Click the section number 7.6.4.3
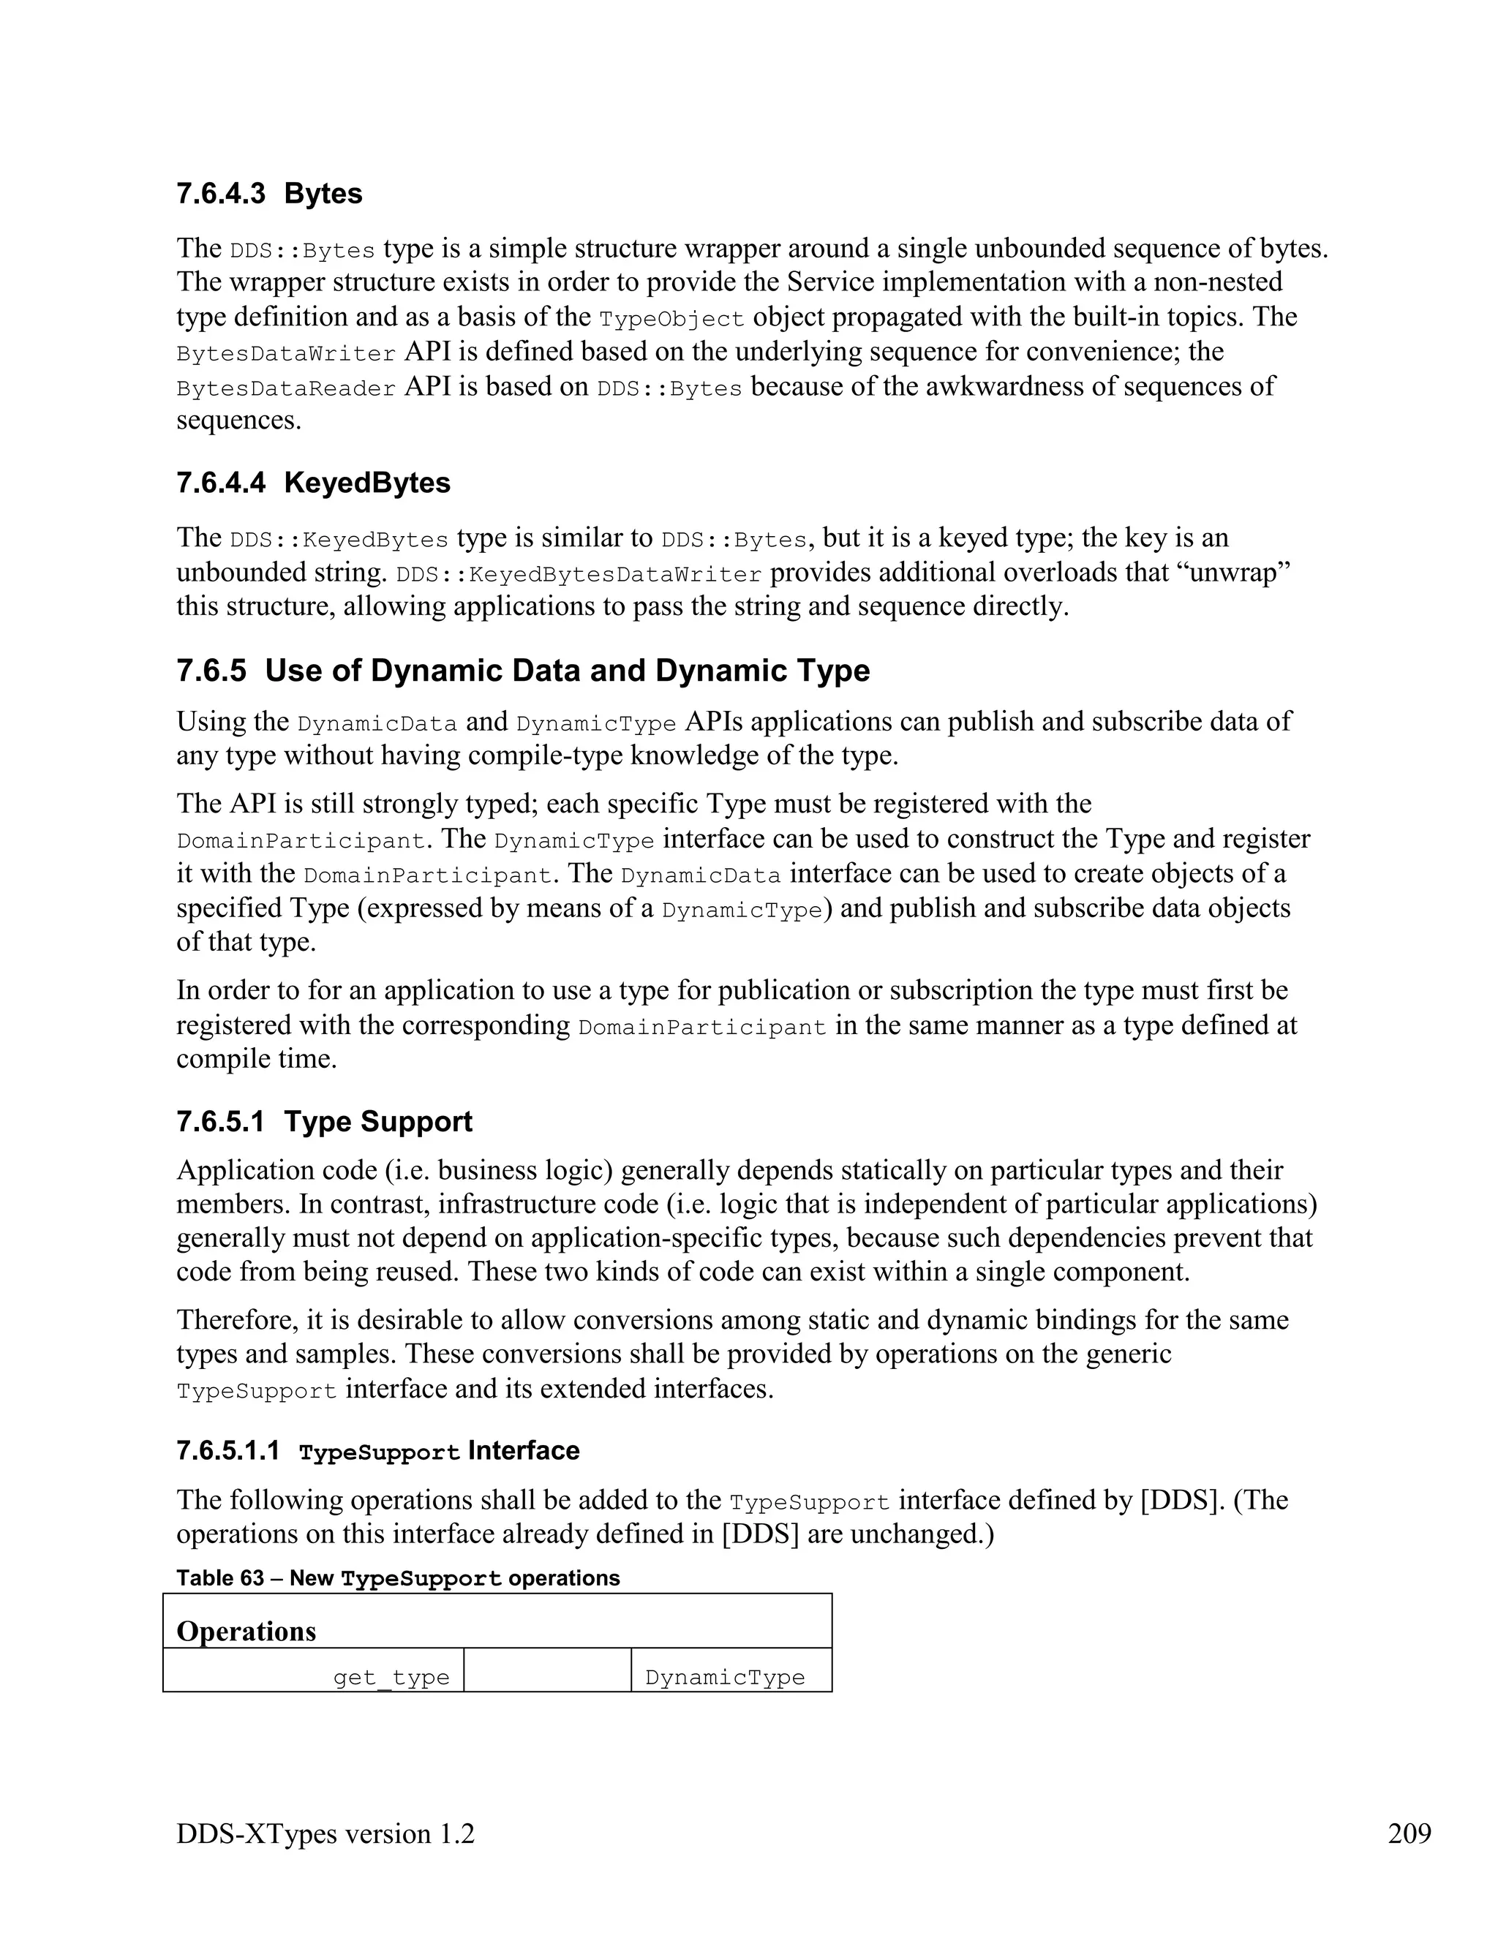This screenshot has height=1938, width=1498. click(220, 194)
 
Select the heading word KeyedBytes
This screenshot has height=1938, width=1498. click(366, 483)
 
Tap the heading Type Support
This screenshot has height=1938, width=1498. click(378, 1122)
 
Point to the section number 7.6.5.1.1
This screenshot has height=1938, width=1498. click(228, 1451)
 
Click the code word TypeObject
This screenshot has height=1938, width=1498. click(671, 319)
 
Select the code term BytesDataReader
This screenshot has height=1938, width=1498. click(286, 388)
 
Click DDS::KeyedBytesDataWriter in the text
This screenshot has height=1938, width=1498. click(579, 574)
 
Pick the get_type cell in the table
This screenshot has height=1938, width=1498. click(391, 1678)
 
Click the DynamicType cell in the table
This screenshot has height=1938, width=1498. click(724, 1678)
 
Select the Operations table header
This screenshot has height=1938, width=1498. click(246, 1631)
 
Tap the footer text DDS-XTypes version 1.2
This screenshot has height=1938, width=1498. click(325, 1833)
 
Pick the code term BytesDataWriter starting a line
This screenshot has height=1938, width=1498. click(286, 354)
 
